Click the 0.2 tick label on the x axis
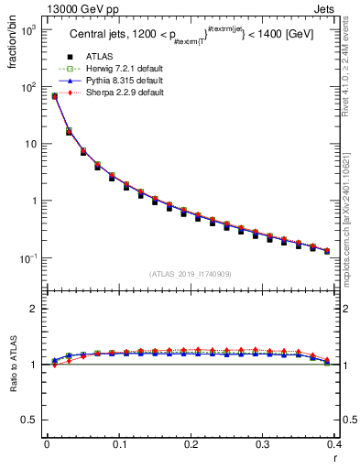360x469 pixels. (191, 444)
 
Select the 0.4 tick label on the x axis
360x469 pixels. (334, 444)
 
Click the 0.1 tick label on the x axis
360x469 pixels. (118, 444)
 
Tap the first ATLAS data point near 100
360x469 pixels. (54, 96)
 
